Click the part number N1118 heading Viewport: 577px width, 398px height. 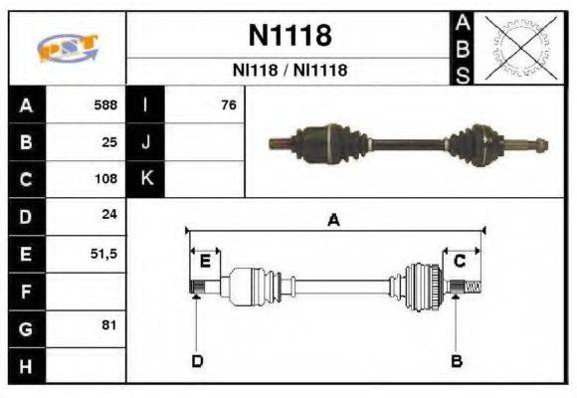[x=288, y=37]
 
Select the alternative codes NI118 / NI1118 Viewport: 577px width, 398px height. [x=288, y=71]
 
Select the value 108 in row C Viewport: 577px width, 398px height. [x=105, y=179]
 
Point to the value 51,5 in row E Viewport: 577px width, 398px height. [x=103, y=253]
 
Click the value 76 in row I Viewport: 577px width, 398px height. [x=228, y=104]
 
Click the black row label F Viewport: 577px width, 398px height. [x=26, y=291]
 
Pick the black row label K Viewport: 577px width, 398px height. [x=146, y=179]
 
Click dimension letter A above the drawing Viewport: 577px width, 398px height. [x=333, y=221]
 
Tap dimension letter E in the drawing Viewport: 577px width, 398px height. [x=205, y=262]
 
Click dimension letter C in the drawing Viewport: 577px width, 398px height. [x=460, y=262]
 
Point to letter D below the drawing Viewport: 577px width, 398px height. [x=197, y=360]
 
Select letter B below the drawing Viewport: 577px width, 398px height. [x=457, y=360]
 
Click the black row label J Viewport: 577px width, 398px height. [x=146, y=142]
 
